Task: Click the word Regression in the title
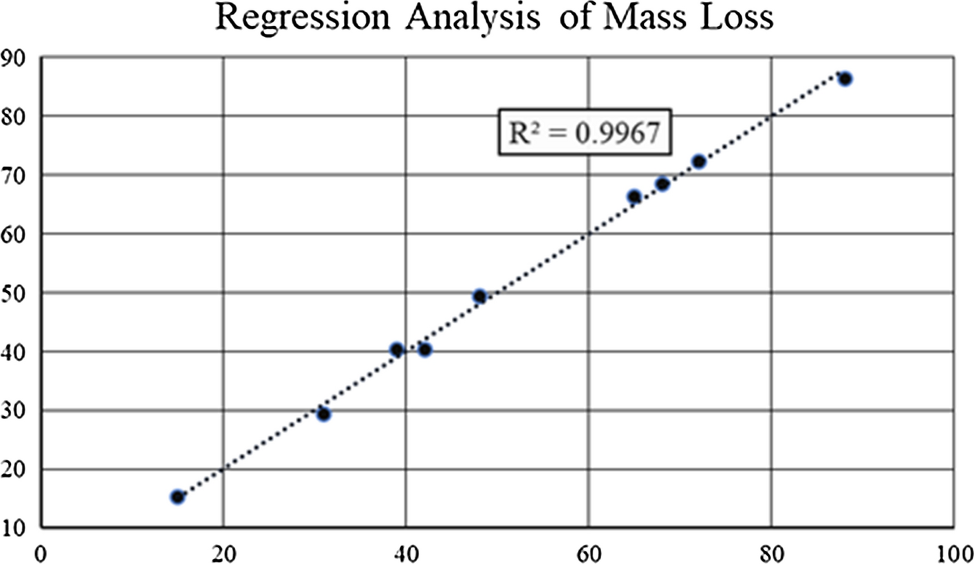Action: [x=303, y=19]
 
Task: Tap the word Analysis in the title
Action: [x=473, y=19]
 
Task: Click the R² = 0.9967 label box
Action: [x=585, y=132]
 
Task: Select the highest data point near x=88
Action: [x=845, y=79]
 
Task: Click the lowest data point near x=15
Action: [x=177, y=497]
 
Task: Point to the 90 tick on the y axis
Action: [x=12, y=58]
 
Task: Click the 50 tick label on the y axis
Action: [x=12, y=294]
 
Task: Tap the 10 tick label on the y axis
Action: [x=12, y=528]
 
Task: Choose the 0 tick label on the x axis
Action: [x=41, y=554]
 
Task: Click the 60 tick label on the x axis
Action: [x=589, y=554]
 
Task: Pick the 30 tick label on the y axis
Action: [x=12, y=411]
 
